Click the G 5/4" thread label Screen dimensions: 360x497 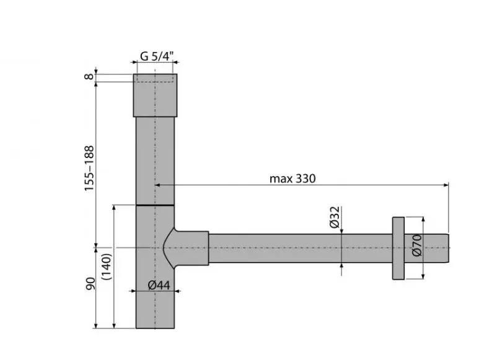(156, 56)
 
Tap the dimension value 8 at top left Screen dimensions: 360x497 (89, 77)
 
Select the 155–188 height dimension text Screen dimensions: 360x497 (89, 168)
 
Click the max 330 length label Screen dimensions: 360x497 (292, 179)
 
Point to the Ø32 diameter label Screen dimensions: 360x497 (334, 217)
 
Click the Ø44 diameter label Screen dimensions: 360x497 (159, 285)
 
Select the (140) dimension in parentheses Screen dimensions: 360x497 (107, 267)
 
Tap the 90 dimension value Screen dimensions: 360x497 (89, 285)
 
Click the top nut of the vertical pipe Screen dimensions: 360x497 (155, 95)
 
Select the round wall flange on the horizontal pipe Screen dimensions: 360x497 (398, 248)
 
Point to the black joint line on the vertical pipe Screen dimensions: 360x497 (155, 204)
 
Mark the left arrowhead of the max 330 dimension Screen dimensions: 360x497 (159, 185)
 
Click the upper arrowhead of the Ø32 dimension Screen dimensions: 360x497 (342, 230)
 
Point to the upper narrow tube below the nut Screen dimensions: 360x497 (155, 158)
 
